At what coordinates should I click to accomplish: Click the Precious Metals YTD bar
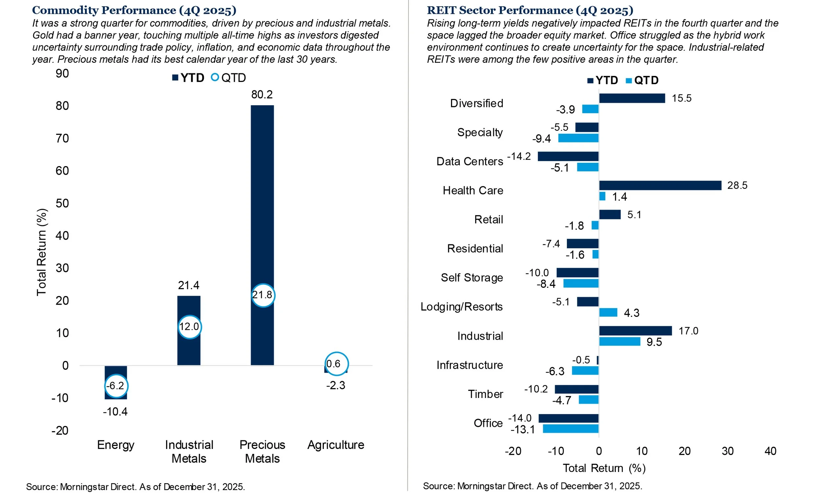(262, 200)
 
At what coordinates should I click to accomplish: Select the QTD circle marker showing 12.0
(189, 327)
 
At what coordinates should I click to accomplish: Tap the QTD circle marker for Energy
(116, 386)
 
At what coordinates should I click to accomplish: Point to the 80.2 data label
(262, 95)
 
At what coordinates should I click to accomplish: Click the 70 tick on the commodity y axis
(62, 138)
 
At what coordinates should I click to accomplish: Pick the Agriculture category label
(335, 445)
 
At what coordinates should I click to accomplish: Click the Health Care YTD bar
(660, 186)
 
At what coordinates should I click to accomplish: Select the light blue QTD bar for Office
(570, 429)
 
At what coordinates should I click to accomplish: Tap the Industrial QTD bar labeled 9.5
(619, 341)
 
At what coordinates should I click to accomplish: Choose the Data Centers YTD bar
(568, 157)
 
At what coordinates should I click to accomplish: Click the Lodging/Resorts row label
(462, 307)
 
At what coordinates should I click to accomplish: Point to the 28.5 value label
(737, 186)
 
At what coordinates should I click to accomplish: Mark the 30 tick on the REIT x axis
(727, 451)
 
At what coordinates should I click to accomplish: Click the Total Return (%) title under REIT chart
(604, 468)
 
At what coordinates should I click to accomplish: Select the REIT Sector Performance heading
(530, 10)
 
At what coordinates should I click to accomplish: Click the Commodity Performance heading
(134, 10)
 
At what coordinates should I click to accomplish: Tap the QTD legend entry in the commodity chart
(229, 78)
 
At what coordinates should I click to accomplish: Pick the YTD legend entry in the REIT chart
(603, 80)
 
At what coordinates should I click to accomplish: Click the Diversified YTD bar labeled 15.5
(632, 98)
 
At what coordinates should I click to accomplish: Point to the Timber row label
(485, 394)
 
